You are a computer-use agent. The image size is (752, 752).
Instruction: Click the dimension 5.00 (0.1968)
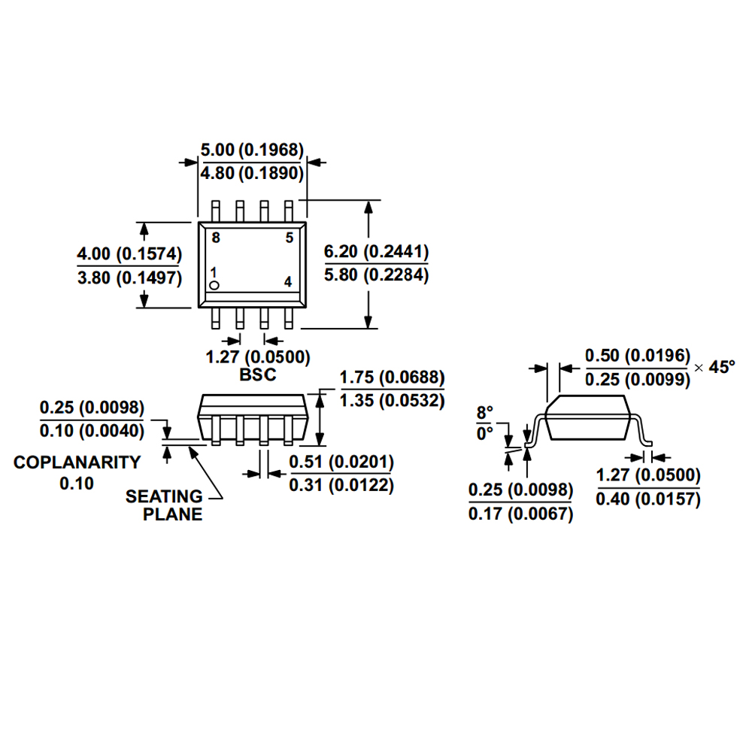tap(251, 150)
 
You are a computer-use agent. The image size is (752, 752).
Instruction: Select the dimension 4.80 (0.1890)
tap(251, 174)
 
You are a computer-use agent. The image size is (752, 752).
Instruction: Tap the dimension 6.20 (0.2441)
tap(376, 251)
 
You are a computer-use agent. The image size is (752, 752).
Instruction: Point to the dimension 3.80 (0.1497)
tap(129, 277)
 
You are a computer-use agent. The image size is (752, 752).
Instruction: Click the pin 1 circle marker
tap(214, 285)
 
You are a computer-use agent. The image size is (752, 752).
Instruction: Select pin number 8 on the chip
tap(216, 238)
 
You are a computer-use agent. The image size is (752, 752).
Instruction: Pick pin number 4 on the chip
tap(288, 282)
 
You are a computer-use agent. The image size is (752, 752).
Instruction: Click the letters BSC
tap(257, 374)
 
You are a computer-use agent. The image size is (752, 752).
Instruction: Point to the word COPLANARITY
tap(77, 462)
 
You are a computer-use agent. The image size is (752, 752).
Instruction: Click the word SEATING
tap(164, 496)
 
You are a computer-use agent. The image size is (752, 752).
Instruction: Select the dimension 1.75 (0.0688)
tap(392, 377)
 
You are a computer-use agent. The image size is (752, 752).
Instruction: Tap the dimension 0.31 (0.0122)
tap(341, 486)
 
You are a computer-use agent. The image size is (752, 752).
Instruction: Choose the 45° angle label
tap(720, 367)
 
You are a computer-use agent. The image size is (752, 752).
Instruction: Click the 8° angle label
tap(484, 412)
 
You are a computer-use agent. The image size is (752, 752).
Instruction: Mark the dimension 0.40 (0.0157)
tap(647, 499)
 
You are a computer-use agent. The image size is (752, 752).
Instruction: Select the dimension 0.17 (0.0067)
tap(520, 514)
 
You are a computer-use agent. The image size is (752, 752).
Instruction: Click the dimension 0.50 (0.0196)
tap(637, 355)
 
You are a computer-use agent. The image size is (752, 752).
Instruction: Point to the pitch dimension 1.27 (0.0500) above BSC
tap(257, 356)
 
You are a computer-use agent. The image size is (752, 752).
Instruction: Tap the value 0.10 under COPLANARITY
tap(77, 484)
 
